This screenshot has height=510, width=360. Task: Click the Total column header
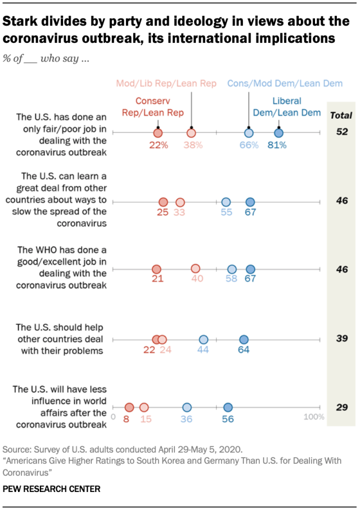coord(340,115)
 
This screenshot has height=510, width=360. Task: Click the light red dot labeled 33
coord(180,202)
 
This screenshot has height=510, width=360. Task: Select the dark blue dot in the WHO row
coord(250,270)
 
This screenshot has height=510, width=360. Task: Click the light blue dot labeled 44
coord(204,339)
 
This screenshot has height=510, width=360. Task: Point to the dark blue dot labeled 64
coord(244,339)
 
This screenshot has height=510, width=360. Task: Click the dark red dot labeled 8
coord(129,408)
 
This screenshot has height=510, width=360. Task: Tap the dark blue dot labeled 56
coord(228,408)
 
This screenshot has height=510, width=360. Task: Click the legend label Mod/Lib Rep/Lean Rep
coord(166,84)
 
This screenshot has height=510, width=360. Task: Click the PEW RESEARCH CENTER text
coord(52,489)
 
